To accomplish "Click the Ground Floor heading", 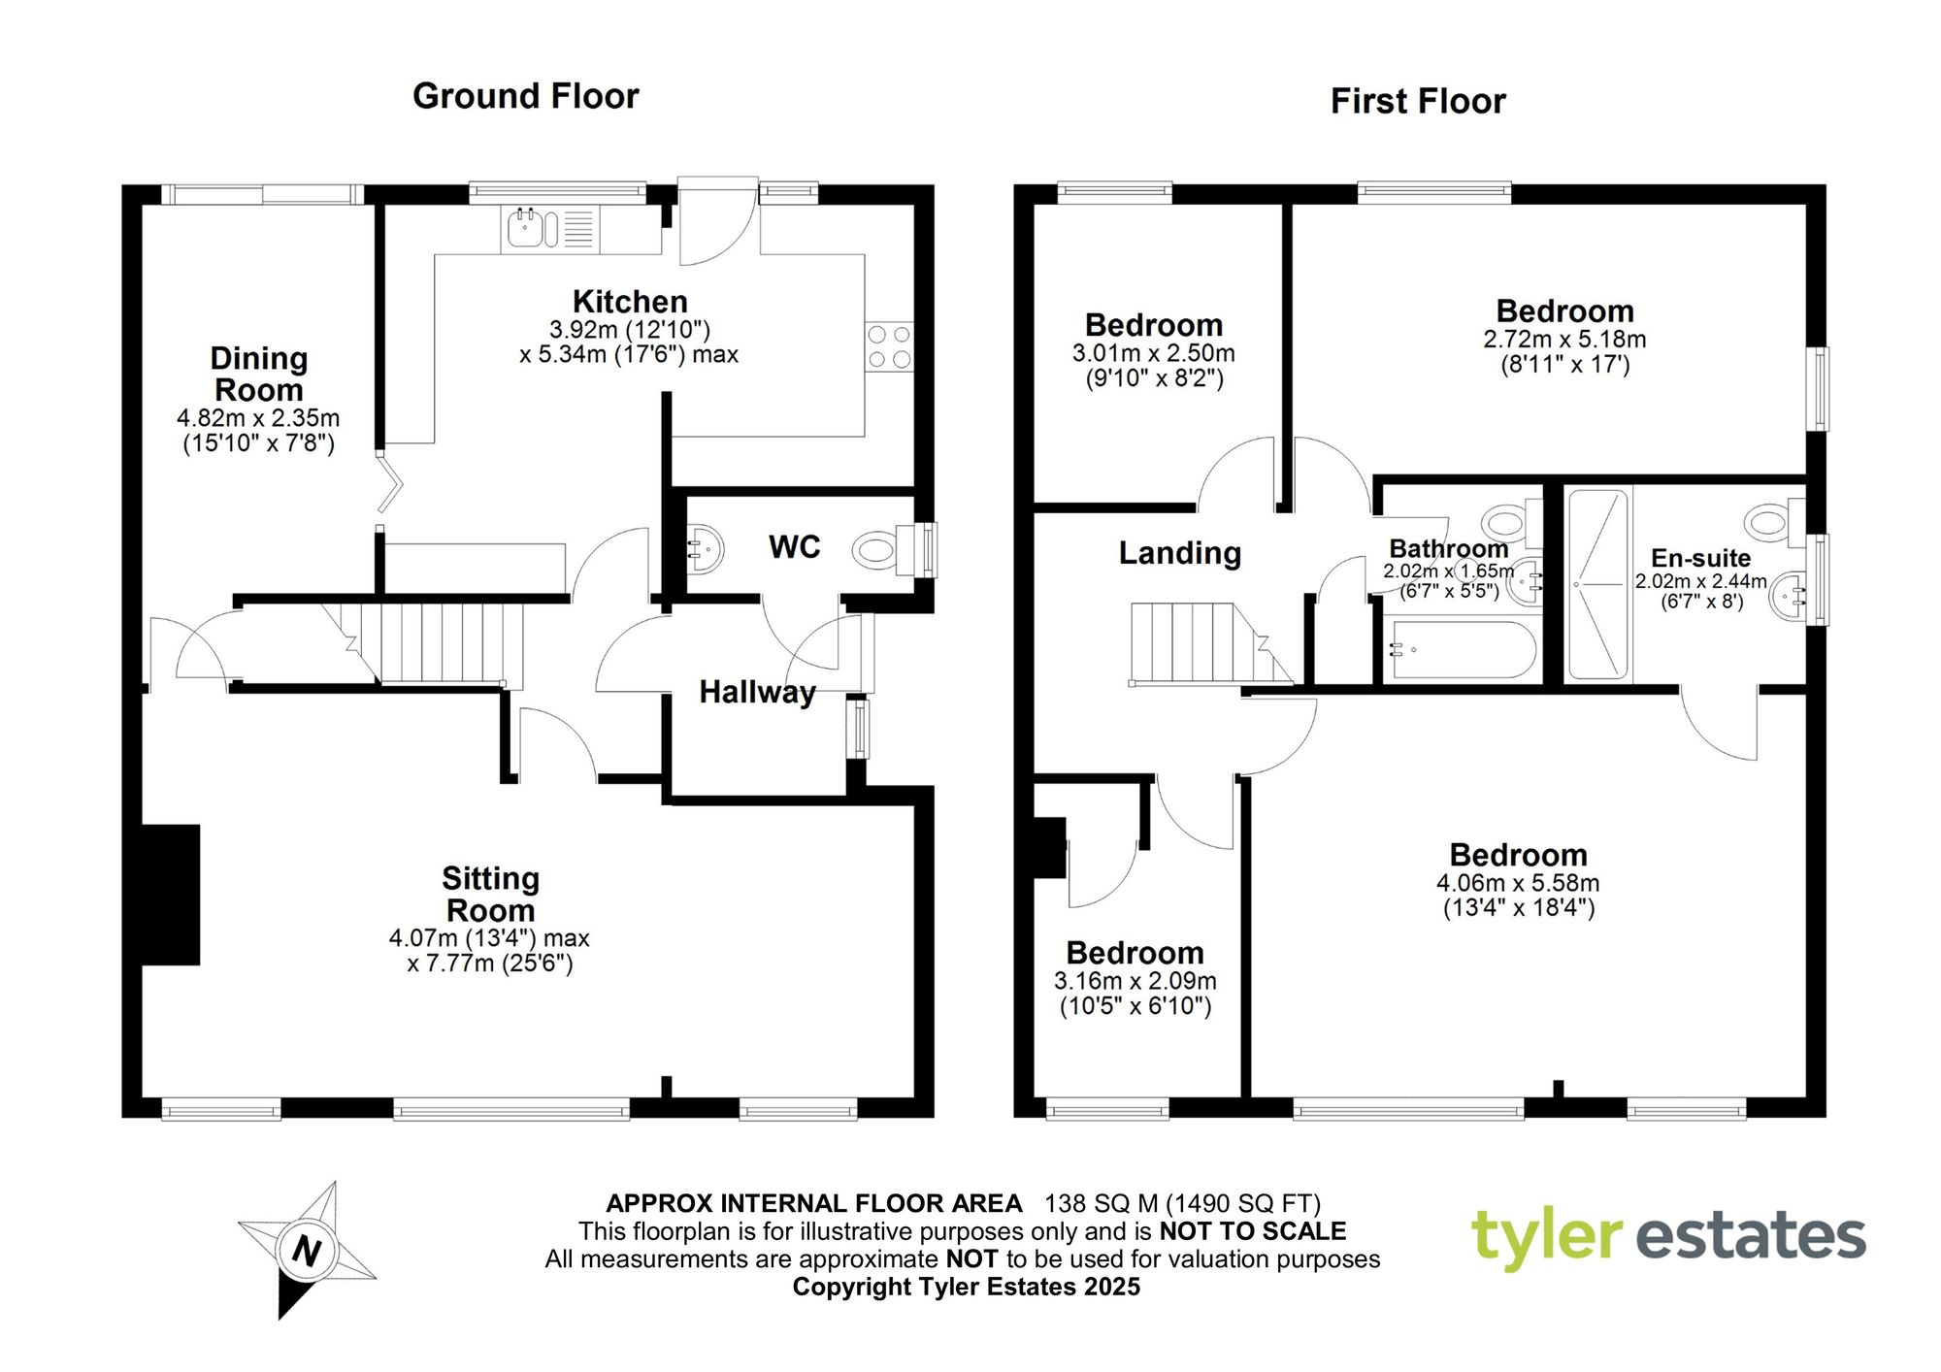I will pos(525,96).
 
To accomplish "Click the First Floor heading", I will pos(1417,101).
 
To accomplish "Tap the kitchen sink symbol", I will pos(525,229).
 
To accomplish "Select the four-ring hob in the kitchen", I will pos(889,346).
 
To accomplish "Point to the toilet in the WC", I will pos(879,551).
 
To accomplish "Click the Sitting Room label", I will pos(490,894).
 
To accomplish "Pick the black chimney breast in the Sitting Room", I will pos(171,895).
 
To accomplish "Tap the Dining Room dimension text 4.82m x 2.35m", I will pos(258,418).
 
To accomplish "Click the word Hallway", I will pos(757,692).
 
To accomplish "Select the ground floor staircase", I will pos(437,643).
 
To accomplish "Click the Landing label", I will pos(1179,553).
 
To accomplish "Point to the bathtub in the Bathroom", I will pos(1464,650).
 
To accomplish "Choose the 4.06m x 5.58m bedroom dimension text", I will pos(1518,883).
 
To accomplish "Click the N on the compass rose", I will pos(307,1250).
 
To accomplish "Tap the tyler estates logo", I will pos(1668,1238).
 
